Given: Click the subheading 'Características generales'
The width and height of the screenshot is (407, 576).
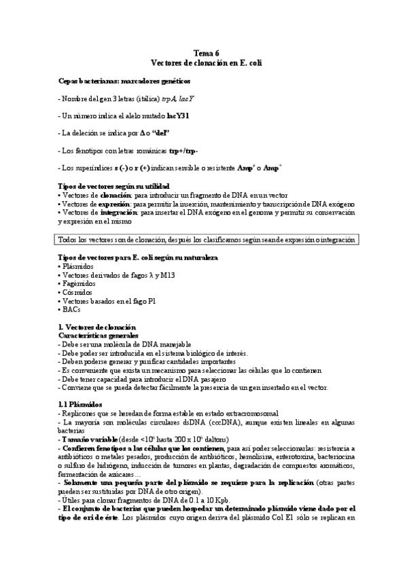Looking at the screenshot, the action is click(x=99, y=336).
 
